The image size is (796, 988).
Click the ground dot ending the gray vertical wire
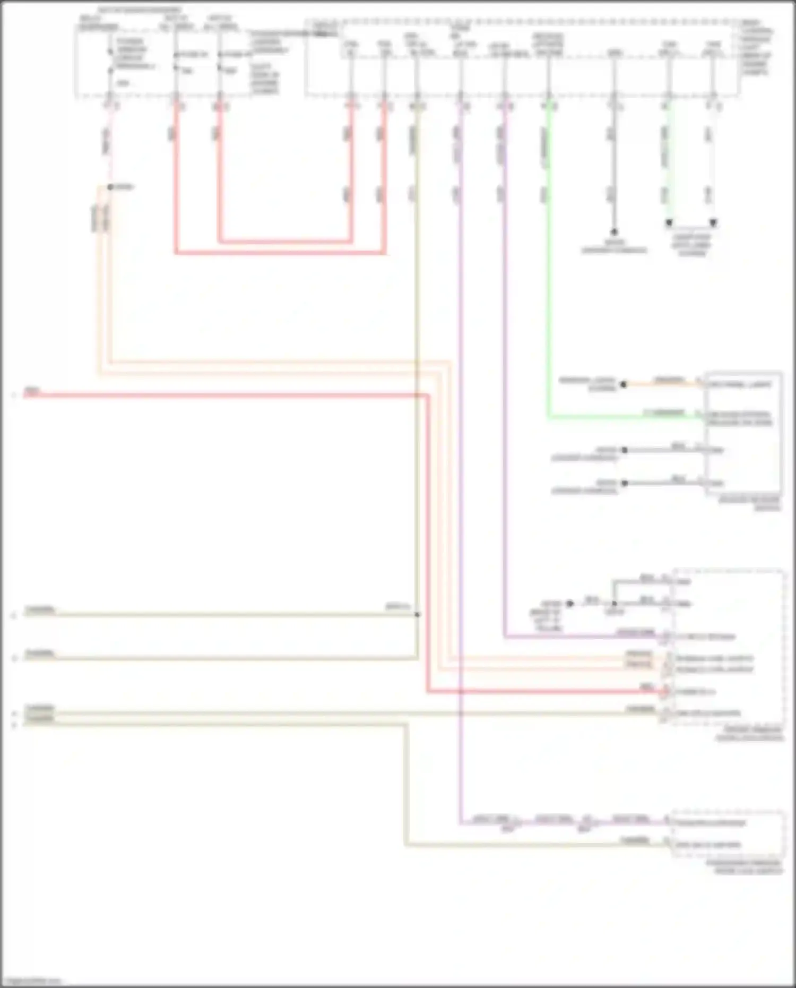(614, 232)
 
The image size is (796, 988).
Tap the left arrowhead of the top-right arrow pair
(669, 224)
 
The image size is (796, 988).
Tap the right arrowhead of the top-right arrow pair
(713, 224)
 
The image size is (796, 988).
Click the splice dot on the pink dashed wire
(110, 187)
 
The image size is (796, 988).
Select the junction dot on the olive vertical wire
(418, 615)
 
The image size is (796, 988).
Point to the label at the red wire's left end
(32, 393)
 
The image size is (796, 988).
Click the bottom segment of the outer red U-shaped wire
(280, 253)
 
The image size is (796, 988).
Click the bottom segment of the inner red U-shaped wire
(284, 242)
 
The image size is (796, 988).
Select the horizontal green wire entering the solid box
(626, 417)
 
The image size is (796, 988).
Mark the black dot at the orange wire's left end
(624, 384)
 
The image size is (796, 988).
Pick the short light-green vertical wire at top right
(669, 159)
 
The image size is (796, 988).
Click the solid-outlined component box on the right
(743, 433)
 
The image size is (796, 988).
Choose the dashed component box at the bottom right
(728, 834)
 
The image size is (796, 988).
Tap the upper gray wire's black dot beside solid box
(625, 450)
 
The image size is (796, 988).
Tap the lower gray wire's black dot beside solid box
(625, 483)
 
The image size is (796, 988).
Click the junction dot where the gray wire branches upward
(614, 604)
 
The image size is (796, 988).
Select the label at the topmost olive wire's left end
(40, 609)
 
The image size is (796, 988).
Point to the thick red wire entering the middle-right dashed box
(547, 692)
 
